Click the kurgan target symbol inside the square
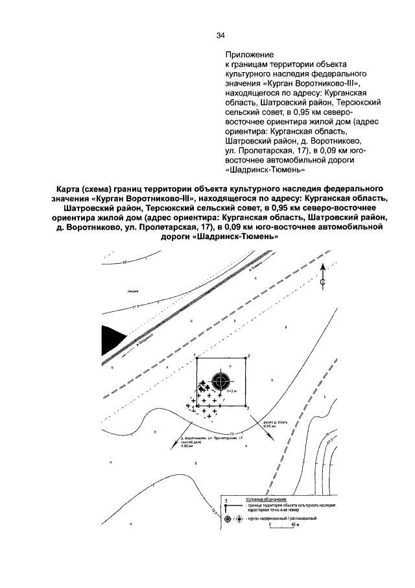coord(222,378)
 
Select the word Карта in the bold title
coord(69,188)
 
